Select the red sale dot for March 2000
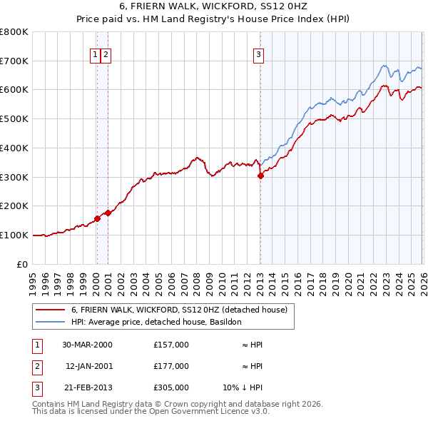(97, 218)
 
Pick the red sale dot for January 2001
(108, 213)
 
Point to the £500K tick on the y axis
(14, 118)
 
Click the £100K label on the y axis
(14, 235)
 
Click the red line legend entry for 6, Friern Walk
(178, 310)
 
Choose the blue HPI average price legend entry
(156, 322)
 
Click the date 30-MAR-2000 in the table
(87, 345)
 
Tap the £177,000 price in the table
(170, 367)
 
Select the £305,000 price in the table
(170, 389)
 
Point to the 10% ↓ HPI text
(243, 389)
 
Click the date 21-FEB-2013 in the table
(87, 389)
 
